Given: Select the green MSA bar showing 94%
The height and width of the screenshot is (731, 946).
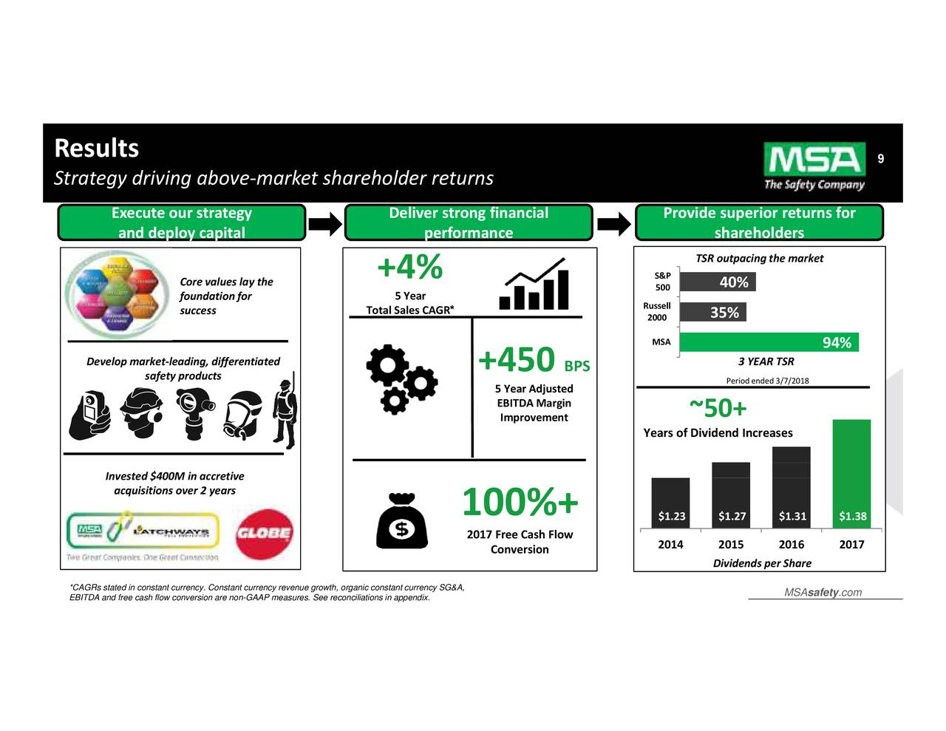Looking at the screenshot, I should click(769, 342).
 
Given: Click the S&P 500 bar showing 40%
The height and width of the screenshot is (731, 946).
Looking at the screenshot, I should click(717, 282).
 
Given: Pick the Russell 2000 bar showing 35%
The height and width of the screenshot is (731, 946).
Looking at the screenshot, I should click(712, 313).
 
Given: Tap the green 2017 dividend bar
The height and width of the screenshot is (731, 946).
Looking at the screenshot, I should click(851, 473).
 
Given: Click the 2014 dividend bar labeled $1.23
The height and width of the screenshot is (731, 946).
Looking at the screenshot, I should click(670, 503).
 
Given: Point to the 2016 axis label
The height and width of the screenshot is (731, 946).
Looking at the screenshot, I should click(791, 545).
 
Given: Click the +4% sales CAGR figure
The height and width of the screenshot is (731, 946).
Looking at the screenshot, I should click(409, 267).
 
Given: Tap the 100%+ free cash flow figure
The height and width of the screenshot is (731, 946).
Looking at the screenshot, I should click(520, 503).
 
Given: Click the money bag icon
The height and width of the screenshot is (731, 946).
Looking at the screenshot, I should click(401, 520).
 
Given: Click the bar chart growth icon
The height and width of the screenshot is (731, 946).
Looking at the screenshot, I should click(534, 285).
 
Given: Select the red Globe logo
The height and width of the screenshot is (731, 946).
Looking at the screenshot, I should click(264, 533).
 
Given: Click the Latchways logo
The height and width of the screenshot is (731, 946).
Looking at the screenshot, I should click(171, 532).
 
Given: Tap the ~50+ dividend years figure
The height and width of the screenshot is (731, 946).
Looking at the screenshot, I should click(718, 408).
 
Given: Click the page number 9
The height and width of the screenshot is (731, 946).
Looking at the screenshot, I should click(880, 159).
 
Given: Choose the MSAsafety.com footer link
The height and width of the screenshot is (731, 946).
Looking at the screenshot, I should click(823, 593).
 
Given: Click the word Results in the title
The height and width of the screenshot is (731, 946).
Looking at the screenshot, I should click(96, 148).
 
